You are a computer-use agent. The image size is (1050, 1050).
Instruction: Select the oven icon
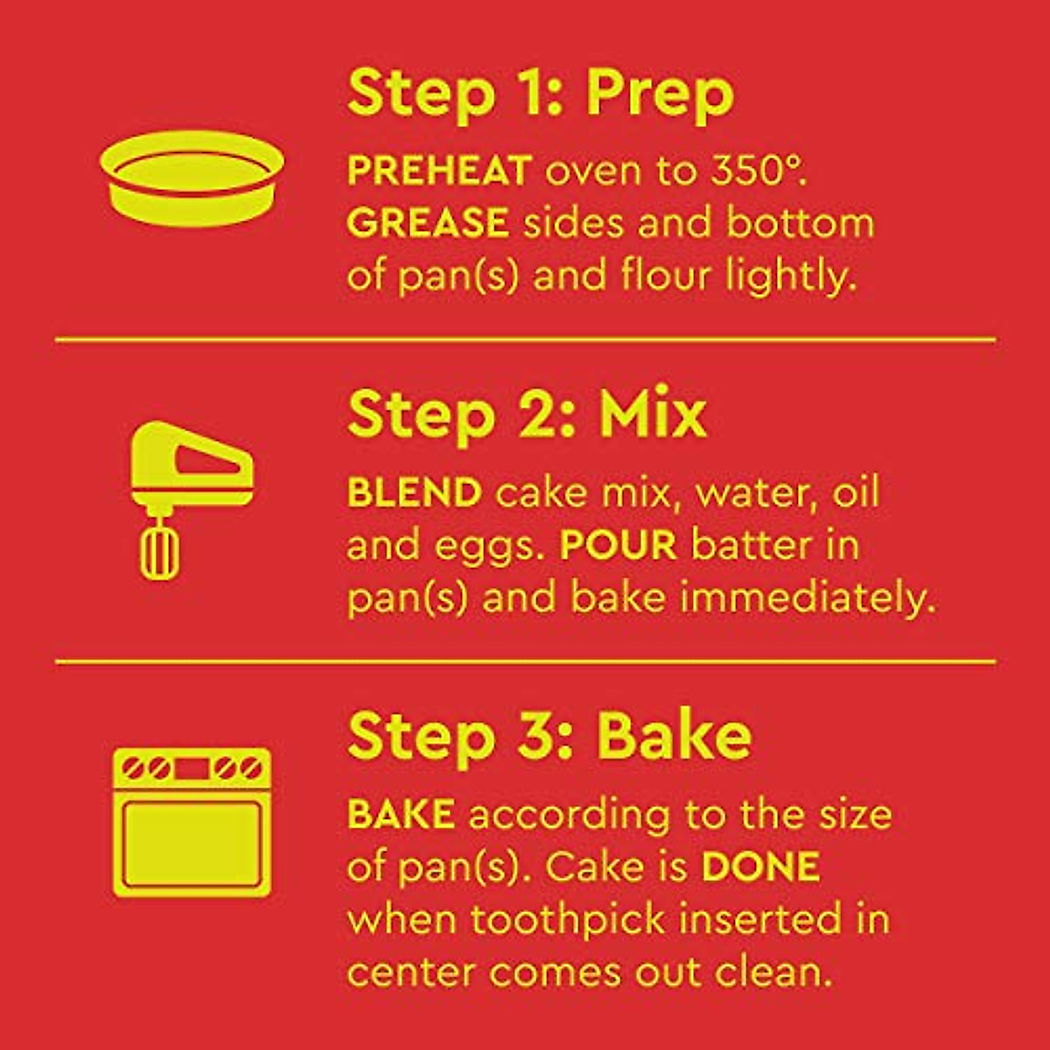pos(192,822)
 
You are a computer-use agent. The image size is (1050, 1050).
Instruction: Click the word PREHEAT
pos(438,171)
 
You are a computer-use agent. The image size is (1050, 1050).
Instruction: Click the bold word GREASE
pos(427,223)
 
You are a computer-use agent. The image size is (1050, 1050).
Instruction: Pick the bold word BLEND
pos(414,493)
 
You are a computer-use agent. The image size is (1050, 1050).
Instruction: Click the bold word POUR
pos(618,546)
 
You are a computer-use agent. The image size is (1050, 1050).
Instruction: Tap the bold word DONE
pos(760,867)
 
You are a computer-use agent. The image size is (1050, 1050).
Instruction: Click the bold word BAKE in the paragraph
pos(401,815)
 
